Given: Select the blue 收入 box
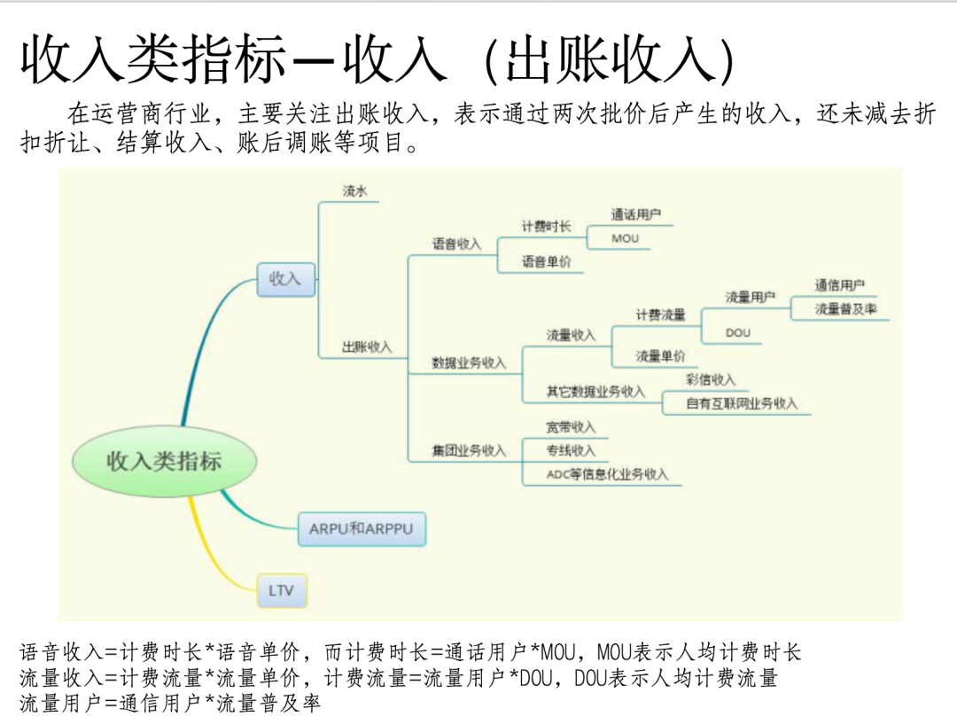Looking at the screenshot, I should (285, 279).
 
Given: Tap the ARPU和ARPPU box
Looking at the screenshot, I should (361, 529).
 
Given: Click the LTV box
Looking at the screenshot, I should (282, 590).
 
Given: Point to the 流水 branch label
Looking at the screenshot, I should (354, 191).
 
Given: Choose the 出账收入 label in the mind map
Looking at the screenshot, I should (367, 347).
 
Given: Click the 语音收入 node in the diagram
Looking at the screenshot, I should (456, 244).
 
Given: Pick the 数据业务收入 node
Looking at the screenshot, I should (469, 362).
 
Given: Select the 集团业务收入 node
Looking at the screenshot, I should (469, 451).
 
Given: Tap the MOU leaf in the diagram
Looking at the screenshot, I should (625, 238).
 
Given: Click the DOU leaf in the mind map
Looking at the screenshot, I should (738, 332).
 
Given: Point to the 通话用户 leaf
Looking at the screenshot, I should (635, 214).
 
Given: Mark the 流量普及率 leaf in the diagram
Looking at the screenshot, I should (845, 309).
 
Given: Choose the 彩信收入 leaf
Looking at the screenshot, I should (711, 379).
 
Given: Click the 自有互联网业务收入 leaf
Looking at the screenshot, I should (741, 403).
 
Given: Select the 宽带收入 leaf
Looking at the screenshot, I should (571, 427).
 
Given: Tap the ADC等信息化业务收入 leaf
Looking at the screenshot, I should (607, 474).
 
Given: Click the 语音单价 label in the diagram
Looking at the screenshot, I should (546, 261).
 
